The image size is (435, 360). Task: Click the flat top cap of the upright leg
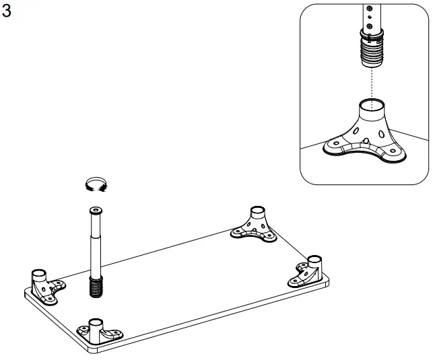click(95, 211)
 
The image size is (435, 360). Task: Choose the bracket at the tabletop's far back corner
click(254, 225)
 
